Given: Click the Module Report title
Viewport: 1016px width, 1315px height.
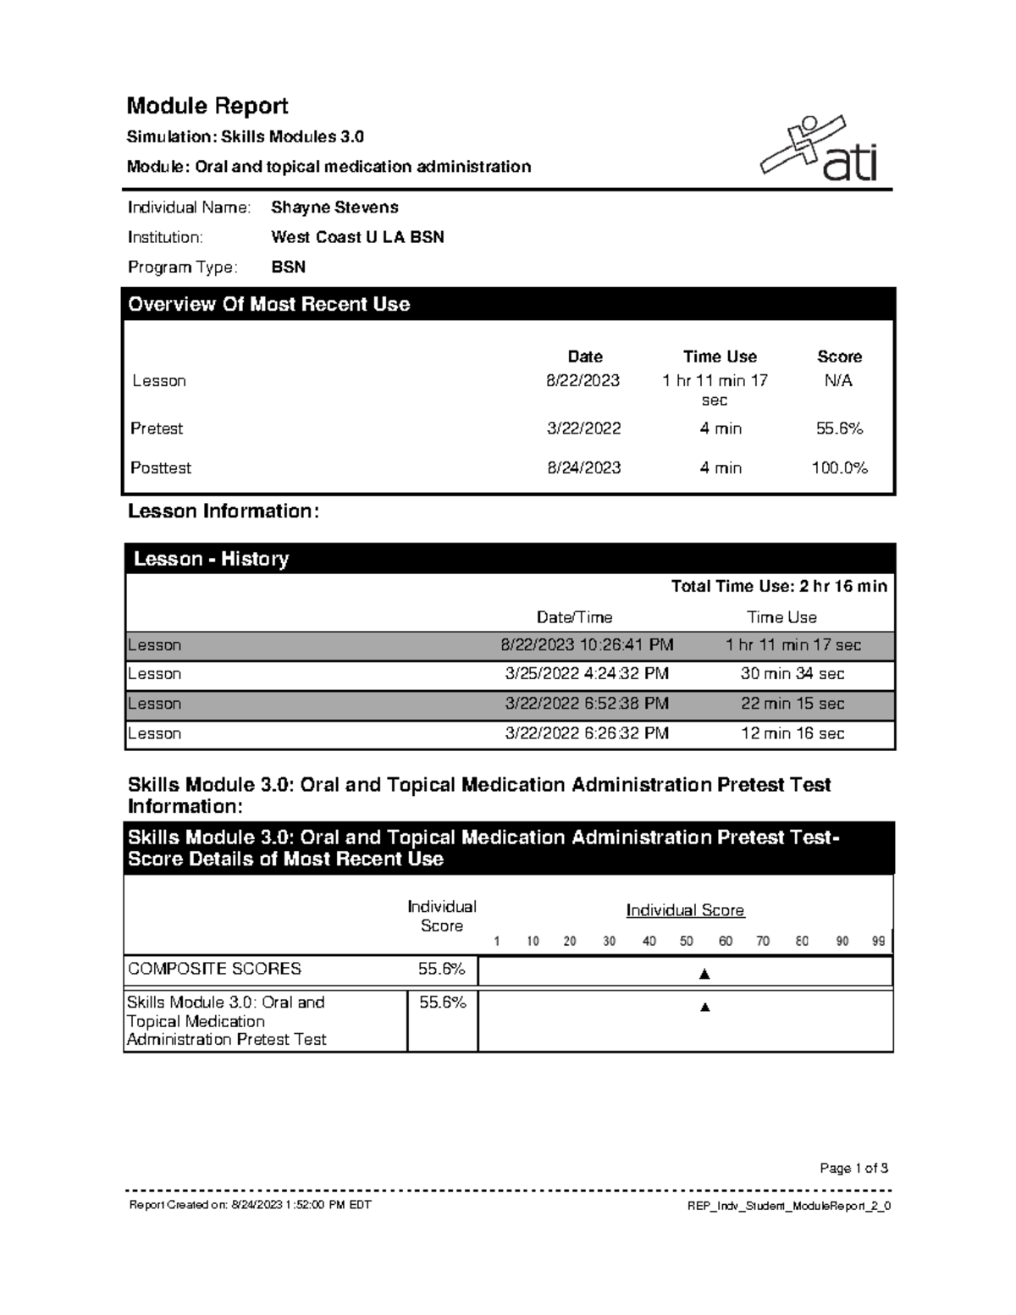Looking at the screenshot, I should point(207,106).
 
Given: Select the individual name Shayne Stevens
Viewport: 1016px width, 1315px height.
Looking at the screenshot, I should point(334,207).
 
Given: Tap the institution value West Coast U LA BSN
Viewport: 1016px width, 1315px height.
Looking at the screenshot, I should point(357,237).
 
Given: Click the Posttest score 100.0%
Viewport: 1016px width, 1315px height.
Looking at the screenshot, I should point(839,468).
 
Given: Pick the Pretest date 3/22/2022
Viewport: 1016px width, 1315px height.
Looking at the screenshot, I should point(583,428).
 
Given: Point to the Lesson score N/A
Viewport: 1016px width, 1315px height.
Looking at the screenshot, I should point(838,381).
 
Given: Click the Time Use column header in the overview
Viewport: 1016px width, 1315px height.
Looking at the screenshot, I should point(720,356).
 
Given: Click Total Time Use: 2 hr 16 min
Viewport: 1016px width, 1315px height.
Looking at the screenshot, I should point(778,586).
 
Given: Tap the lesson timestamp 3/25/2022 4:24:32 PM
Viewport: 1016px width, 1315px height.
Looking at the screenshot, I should point(587,674).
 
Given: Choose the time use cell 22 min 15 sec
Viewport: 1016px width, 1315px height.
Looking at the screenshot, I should point(792,704).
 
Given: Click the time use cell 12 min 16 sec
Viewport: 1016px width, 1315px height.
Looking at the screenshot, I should point(792,733).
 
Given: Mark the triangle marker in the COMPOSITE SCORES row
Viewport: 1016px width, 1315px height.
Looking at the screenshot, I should point(704,975).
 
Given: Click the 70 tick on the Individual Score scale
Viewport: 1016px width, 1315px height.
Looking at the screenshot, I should point(763,942).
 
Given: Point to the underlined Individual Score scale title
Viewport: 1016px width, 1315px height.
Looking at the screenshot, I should point(685,910).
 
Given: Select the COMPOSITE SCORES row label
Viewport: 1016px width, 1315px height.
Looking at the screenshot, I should point(214,969).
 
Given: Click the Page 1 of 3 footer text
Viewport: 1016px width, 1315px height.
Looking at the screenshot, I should point(853,1169).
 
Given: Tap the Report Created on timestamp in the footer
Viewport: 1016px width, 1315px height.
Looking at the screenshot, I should point(250,1205).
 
